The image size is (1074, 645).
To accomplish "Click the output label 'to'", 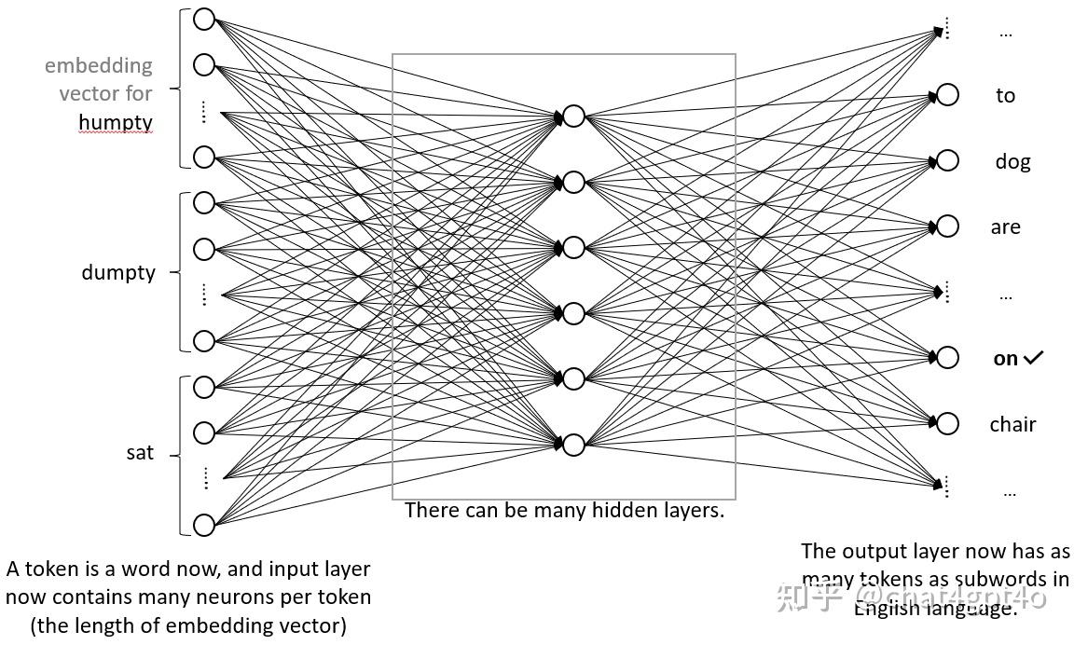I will click(x=1005, y=96).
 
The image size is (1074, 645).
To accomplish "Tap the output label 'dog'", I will click(x=1012, y=162).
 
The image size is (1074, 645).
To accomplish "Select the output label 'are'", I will click(x=1005, y=227).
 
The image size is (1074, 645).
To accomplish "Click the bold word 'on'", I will click(x=1005, y=359).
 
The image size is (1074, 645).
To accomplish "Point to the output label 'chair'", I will click(x=1012, y=425).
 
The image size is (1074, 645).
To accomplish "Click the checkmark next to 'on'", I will click(x=1033, y=358).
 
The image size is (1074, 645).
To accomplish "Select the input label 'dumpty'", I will click(x=118, y=273).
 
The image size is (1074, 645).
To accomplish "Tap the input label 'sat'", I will click(x=140, y=454).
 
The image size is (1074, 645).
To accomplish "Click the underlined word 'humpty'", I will click(x=115, y=123).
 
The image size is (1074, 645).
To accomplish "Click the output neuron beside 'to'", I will click(x=947, y=95).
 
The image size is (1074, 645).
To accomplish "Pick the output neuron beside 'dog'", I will click(x=947, y=161).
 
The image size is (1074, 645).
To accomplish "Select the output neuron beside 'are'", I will click(x=947, y=226).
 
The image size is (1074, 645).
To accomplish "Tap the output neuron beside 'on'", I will click(x=947, y=358).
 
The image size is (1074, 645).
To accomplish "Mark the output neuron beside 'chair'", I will click(x=947, y=424).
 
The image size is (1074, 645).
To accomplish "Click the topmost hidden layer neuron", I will click(x=573, y=116).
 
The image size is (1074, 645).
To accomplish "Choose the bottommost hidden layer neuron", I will click(x=573, y=445).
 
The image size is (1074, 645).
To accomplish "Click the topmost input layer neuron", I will click(x=204, y=19).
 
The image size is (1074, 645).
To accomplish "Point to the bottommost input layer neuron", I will click(x=204, y=525).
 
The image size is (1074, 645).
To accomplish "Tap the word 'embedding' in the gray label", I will click(x=98, y=66).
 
